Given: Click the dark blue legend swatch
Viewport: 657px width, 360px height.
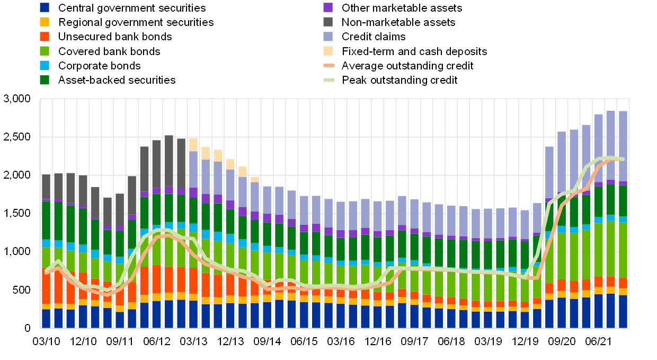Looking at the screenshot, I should tap(45, 7).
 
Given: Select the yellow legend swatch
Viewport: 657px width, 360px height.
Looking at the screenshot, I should tap(45, 22).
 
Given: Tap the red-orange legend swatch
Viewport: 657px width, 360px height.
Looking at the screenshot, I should tap(45, 37).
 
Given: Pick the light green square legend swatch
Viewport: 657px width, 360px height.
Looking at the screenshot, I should tap(45, 51).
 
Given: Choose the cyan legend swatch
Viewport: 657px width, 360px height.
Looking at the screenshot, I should tap(45, 65).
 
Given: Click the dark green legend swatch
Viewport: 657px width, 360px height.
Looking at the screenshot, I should tap(45, 80).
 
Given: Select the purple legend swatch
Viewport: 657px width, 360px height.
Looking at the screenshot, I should tap(328, 7).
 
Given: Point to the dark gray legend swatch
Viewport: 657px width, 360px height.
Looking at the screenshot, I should tap(328, 22).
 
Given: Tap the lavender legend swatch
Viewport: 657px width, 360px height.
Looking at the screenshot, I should tap(328, 37).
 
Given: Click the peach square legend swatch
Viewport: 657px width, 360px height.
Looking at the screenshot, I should tap(328, 51).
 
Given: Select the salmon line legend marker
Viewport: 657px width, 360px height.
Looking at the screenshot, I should tap(329, 66).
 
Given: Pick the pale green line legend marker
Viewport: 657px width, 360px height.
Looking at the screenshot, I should tap(329, 80).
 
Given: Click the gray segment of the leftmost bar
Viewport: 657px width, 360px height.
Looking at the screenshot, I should tap(46, 187).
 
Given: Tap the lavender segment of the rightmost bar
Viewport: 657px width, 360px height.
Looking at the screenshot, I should tap(623, 146).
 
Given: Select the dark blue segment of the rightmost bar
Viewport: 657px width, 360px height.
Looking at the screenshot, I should tap(623, 312).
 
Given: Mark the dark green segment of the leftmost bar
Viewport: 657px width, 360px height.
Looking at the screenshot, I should tap(46, 220).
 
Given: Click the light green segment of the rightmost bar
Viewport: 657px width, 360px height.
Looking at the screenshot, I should tap(623, 250).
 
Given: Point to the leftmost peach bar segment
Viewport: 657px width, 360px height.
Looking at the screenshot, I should tap(193, 144).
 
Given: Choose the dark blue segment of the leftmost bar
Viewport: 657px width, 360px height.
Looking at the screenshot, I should tap(46, 319).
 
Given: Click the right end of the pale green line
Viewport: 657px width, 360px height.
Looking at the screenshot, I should tap(623, 159).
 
